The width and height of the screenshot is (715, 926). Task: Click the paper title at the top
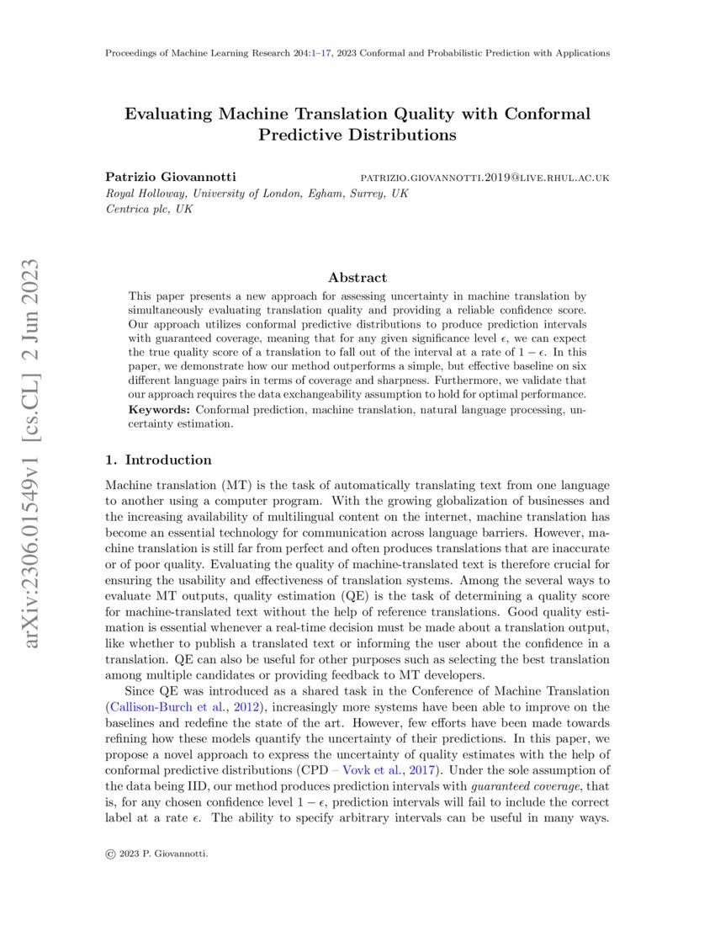(x=357, y=124)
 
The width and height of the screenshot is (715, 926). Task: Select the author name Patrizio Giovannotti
(x=170, y=178)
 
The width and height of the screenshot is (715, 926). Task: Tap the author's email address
(x=485, y=178)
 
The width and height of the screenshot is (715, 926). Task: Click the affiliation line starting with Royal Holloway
(x=257, y=194)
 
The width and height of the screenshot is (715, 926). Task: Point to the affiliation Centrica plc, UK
(x=149, y=209)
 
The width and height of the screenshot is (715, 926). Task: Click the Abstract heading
(x=357, y=277)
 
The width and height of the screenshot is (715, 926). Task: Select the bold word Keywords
(x=159, y=409)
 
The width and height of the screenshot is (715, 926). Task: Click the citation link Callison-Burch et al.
(x=159, y=705)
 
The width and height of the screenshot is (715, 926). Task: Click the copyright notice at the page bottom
(x=156, y=854)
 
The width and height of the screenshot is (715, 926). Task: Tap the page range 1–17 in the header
(x=323, y=53)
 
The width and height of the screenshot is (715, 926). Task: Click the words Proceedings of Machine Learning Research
(x=195, y=53)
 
